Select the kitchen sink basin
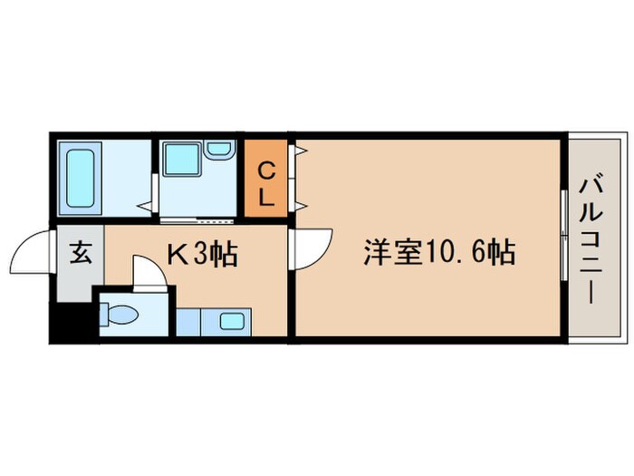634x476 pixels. point(230,320)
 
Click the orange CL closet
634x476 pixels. point(267,180)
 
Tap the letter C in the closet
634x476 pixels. point(267,168)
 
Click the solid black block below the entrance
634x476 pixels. point(72,324)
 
